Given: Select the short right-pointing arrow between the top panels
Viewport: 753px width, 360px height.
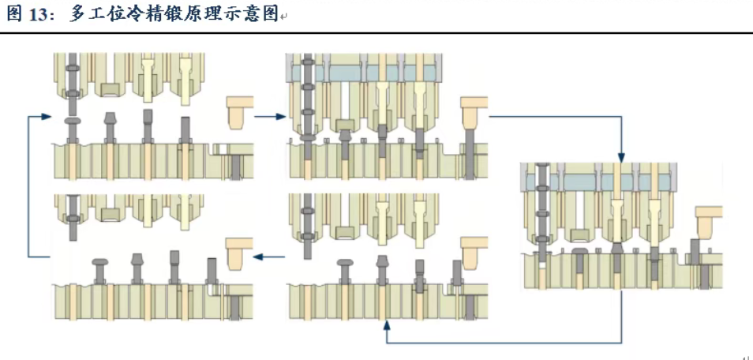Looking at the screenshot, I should pos(269,117).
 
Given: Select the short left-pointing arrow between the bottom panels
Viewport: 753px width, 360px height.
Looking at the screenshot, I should pos(272,256).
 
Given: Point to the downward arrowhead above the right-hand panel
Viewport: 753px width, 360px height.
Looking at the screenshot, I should pos(621,156).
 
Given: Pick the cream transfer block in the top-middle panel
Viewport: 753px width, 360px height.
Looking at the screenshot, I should pos(473,113).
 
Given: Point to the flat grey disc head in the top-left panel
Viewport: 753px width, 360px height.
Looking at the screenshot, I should pos(72,120).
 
